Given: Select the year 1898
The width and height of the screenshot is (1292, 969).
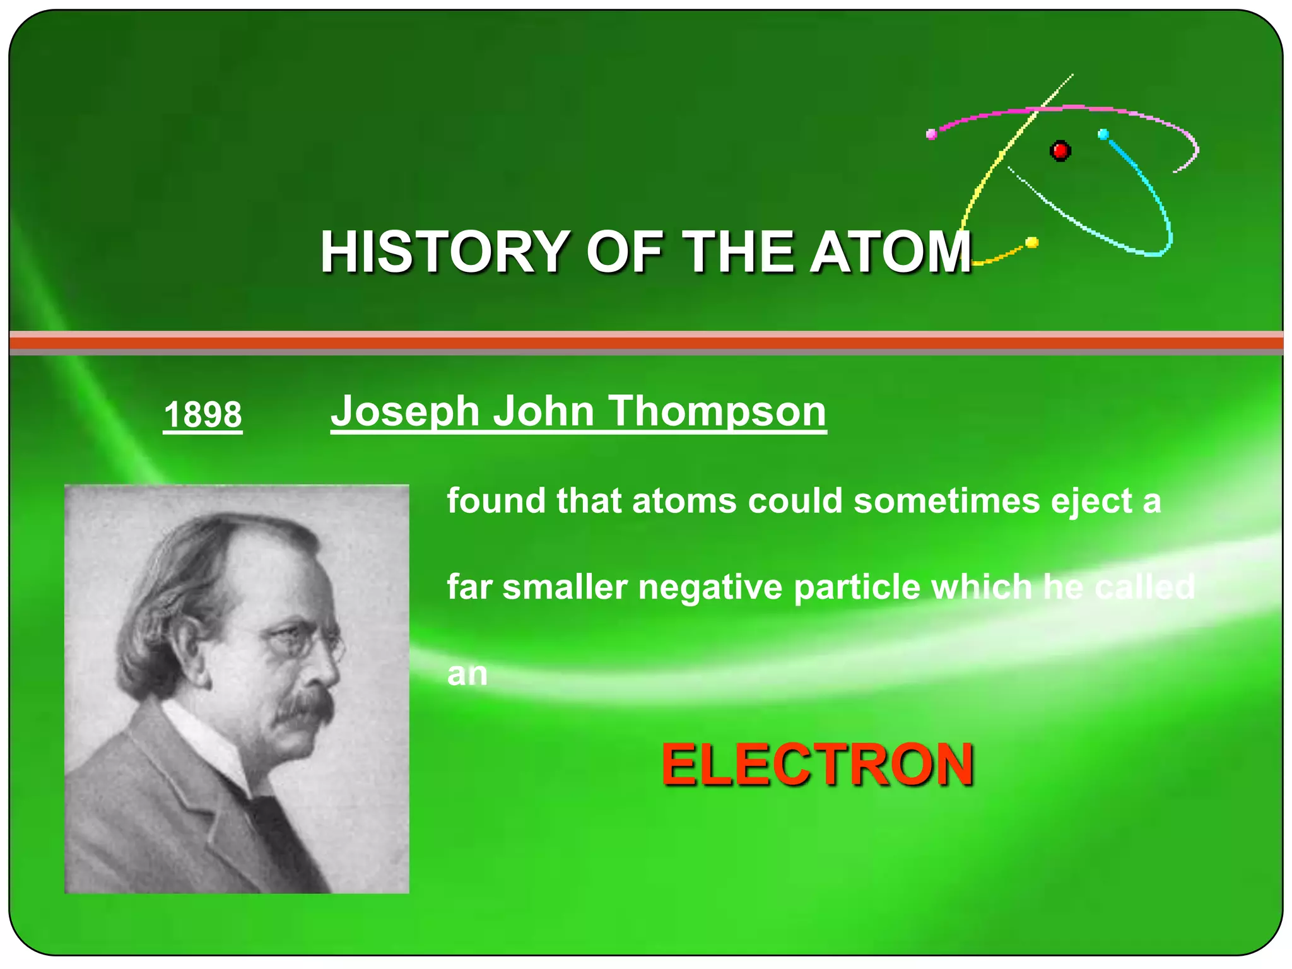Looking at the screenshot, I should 203,414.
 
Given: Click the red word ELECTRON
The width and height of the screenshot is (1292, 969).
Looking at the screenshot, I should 817,765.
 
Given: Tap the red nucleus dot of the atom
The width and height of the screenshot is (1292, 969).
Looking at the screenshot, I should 1060,151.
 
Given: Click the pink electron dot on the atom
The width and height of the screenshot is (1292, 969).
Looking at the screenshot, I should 931,134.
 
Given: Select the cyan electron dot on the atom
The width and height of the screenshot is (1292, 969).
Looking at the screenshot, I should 1103,134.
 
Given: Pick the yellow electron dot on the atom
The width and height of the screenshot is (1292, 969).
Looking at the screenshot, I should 1032,242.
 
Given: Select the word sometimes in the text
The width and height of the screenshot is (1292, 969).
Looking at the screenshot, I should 947,501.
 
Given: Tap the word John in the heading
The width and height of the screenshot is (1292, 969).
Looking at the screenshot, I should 543,411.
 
